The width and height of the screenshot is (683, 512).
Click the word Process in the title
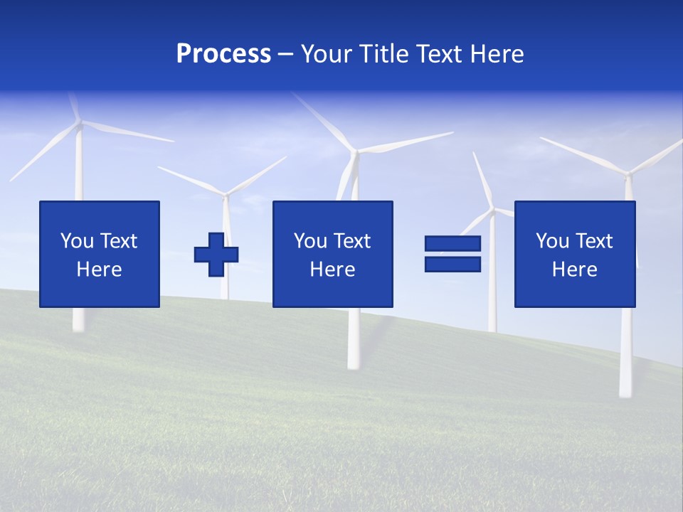(x=223, y=54)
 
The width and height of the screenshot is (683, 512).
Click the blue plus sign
(x=216, y=255)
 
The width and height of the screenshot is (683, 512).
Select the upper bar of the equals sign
(x=452, y=243)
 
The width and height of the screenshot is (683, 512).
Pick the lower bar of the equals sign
(x=452, y=265)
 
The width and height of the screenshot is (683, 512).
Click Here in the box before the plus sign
(x=99, y=270)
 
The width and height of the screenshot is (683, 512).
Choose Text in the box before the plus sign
(x=118, y=241)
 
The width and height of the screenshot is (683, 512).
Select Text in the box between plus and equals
(x=351, y=241)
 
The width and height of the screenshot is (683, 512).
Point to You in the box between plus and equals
(x=310, y=241)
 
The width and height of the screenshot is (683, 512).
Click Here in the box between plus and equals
(x=332, y=270)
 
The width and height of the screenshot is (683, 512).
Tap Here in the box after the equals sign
(x=574, y=270)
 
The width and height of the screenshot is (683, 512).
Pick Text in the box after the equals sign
(x=593, y=241)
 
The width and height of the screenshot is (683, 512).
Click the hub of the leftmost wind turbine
(x=79, y=124)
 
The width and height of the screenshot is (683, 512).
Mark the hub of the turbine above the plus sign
(x=226, y=193)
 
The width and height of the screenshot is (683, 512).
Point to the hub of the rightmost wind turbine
(x=628, y=172)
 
